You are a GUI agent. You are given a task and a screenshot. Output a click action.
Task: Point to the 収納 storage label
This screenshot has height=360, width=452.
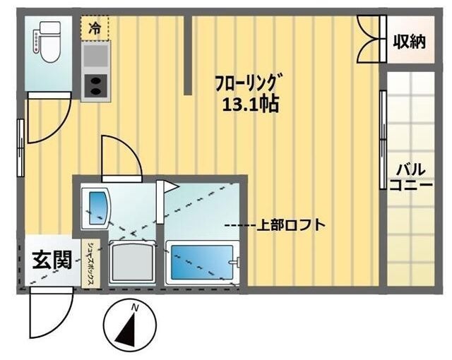click(x=409, y=42)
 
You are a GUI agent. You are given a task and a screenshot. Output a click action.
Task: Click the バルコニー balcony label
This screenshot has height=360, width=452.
click(x=410, y=176)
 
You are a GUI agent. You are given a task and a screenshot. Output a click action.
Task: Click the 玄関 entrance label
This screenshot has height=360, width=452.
click(x=51, y=260)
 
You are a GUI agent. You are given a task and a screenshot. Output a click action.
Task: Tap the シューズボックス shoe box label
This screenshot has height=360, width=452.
click(x=92, y=263)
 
